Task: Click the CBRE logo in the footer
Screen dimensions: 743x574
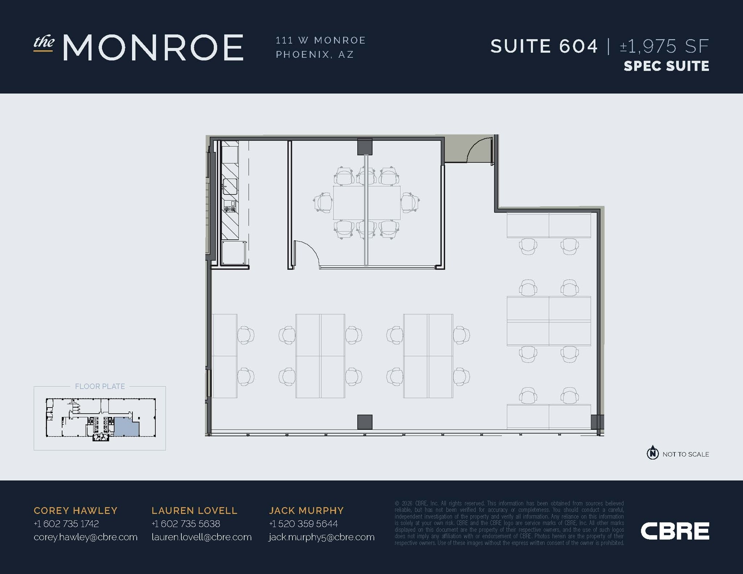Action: (675, 531)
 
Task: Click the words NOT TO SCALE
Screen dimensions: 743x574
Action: (686, 454)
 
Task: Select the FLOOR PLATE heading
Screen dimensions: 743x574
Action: (100, 387)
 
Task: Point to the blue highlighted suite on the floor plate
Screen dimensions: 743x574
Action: (127, 426)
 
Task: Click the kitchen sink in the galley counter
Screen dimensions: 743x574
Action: (230, 186)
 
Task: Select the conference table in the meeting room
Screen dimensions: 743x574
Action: (367, 203)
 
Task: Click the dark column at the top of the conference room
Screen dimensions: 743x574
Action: (365, 146)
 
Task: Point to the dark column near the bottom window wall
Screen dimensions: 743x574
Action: (365, 422)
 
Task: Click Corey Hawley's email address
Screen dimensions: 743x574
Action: (86, 537)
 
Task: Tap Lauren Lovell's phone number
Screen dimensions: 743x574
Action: (186, 524)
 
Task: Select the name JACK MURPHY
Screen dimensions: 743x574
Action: (306, 511)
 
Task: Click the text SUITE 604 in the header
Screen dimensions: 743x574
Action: (544, 46)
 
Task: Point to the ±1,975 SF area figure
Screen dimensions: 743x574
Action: (664, 46)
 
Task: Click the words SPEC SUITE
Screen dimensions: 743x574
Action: (666, 66)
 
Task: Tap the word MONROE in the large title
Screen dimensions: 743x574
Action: (153, 48)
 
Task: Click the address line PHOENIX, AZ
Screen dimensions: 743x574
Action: (315, 54)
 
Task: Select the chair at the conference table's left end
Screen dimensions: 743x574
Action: (323, 202)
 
